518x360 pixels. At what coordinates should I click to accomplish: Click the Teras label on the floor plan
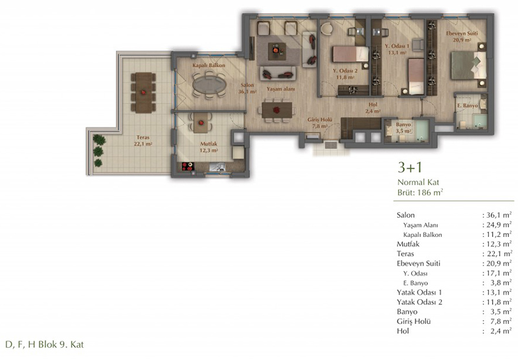(143, 137)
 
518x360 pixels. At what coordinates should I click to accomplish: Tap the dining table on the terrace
(143, 93)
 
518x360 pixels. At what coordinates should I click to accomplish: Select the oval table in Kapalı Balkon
(209, 85)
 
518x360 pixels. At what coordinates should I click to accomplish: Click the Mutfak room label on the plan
(208, 144)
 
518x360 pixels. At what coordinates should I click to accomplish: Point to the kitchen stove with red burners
(188, 166)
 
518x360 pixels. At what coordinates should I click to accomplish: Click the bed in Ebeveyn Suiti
(468, 65)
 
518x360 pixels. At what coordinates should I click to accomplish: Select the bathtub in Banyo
(422, 131)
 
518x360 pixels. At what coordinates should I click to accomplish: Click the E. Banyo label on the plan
(467, 106)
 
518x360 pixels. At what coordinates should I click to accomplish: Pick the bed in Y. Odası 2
(350, 54)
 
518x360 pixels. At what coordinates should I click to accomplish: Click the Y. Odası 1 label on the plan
(397, 46)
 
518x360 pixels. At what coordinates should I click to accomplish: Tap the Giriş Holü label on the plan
(319, 120)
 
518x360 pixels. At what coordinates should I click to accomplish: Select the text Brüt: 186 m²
(420, 192)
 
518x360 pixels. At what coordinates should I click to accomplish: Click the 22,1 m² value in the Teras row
(499, 254)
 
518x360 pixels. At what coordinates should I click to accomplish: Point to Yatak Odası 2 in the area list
(419, 302)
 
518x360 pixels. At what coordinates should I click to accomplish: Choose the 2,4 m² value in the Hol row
(501, 331)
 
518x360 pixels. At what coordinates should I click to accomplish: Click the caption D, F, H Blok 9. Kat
(45, 344)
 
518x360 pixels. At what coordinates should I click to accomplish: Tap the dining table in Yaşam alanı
(277, 110)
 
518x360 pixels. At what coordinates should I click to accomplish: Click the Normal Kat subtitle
(418, 182)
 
